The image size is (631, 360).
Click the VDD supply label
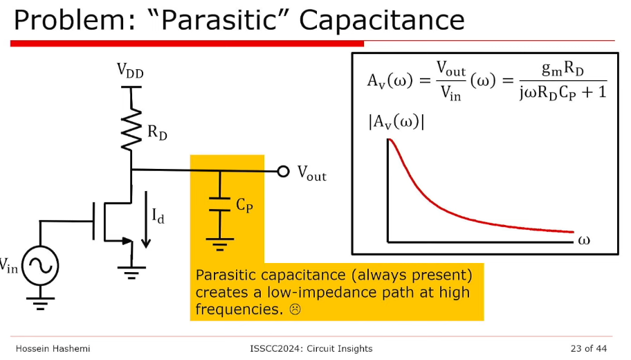coord(130,71)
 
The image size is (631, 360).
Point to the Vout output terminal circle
coord(283,172)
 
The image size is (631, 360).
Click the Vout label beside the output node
coord(312,173)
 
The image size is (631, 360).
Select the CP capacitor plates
coord(220,204)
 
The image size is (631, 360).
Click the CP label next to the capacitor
coord(244,205)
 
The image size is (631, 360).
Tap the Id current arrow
coord(146,219)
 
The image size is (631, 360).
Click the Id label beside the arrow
coord(158,216)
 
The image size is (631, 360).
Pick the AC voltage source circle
coord(40,266)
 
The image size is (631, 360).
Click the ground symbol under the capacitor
coord(220,244)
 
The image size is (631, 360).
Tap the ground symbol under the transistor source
coord(131,273)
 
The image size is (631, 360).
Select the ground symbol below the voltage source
coord(40,304)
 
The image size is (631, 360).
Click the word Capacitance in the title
coord(382,20)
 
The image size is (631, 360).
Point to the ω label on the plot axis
coord(584,240)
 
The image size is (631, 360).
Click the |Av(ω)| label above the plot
coord(396,122)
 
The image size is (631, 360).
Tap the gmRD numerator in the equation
coord(563,69)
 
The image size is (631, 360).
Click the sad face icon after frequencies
coord(295,309)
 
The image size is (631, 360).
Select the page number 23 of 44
coord(588,348)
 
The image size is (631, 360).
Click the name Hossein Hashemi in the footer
coord(53,348)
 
